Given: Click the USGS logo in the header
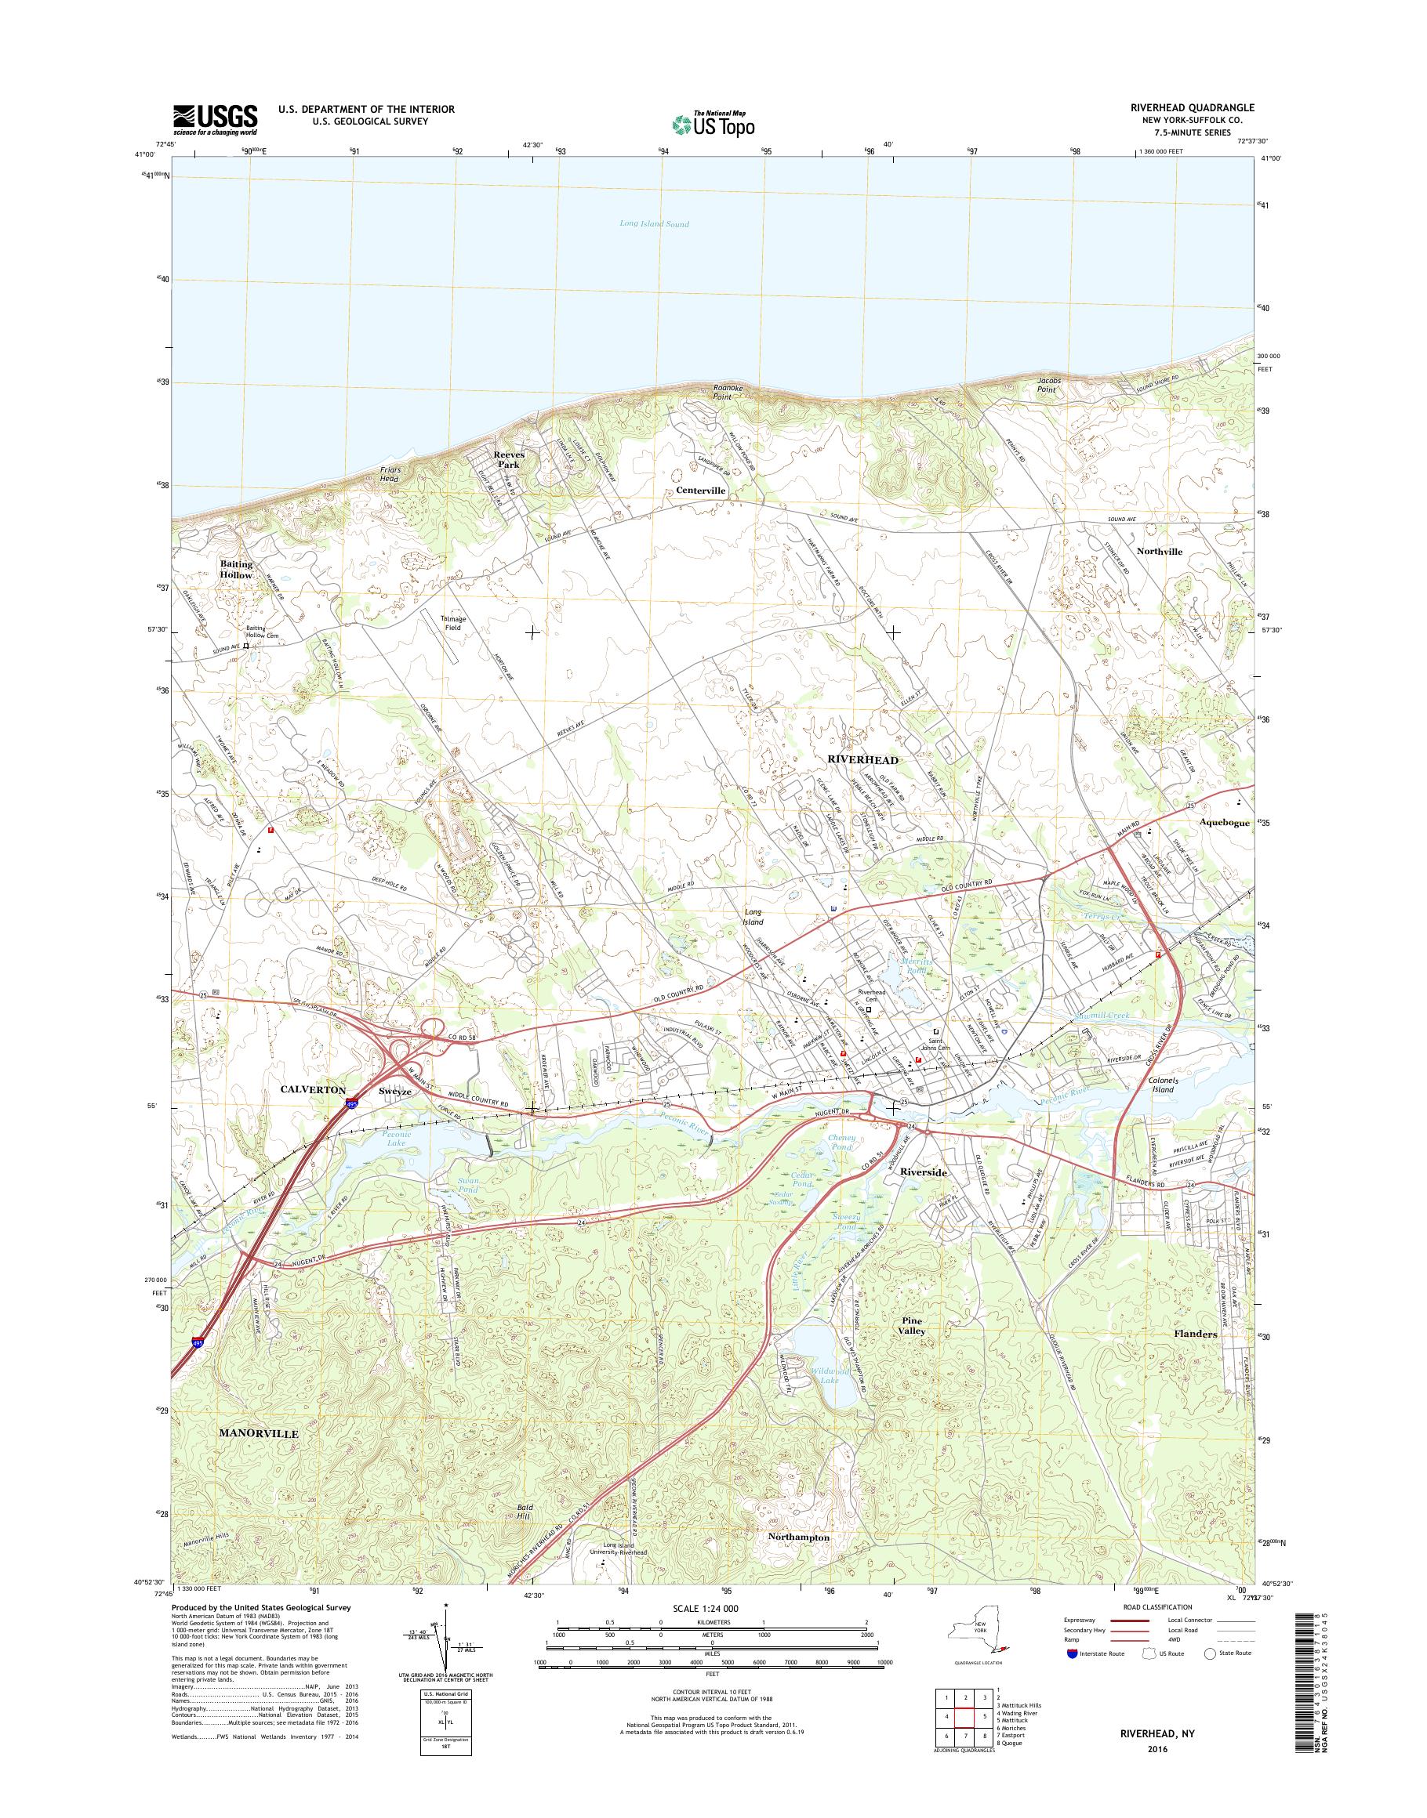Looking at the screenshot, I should [x=215, y=119].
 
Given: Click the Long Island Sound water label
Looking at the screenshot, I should [x=654, y=224].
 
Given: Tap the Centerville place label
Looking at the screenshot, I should [x=695, y=491].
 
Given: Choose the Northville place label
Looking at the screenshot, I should [x=1159, y=552].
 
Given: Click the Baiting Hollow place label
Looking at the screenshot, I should [x=237, y=570].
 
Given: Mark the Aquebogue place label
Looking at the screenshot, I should [x=1225, y=823].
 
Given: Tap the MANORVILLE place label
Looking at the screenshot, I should [x=258, y=1432].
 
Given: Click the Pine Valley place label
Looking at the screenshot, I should [x=913, y=1325].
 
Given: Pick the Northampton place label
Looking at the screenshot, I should [x=799, y=1537].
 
